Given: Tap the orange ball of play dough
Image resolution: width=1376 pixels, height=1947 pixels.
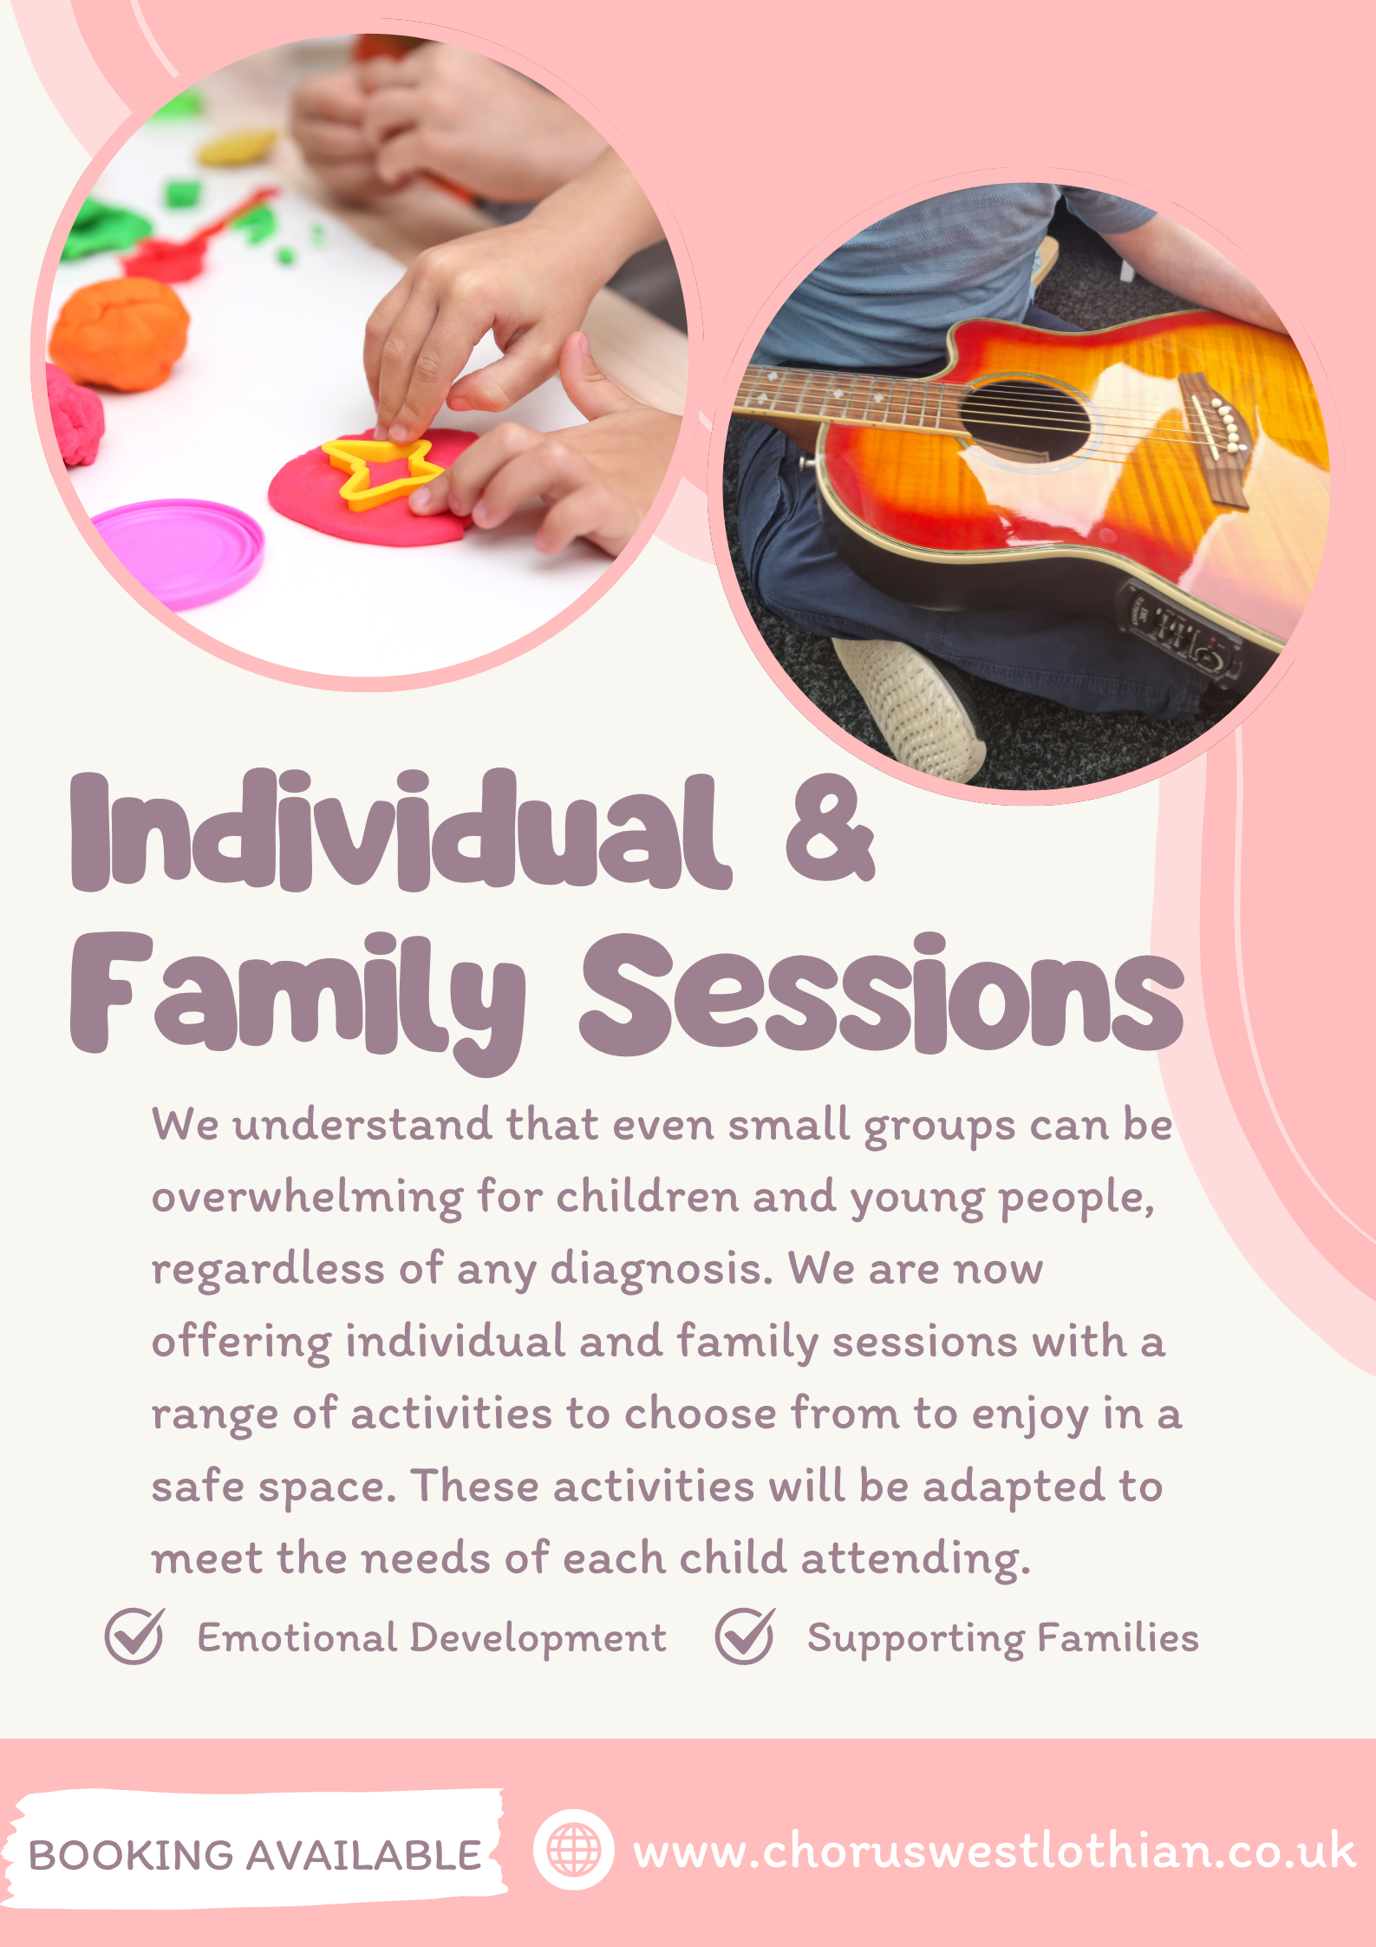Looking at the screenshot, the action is click(x=119, y=333).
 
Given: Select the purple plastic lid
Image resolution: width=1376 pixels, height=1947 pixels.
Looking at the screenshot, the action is click(x=178, y=552).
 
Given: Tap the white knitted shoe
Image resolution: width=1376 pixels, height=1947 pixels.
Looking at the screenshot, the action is click(x=910, y=707).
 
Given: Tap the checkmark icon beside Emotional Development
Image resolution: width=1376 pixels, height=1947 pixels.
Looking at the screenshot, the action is click(x=134, y=1636).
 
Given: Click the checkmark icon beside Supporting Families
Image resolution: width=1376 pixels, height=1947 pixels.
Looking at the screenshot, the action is click(x=745, y=1636).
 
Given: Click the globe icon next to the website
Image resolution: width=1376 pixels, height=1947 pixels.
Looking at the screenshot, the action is click(x=573, y=1849).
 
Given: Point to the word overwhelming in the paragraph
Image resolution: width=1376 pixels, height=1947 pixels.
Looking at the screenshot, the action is click(x=308, y=1199).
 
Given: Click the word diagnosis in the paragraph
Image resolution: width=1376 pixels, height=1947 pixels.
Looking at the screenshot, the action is click(x=662, y=1271).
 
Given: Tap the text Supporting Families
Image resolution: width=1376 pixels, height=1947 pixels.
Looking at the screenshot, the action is click(x=1003, y=1638).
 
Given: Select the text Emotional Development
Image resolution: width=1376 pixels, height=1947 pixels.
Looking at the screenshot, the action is click(x=432, y=1638).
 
